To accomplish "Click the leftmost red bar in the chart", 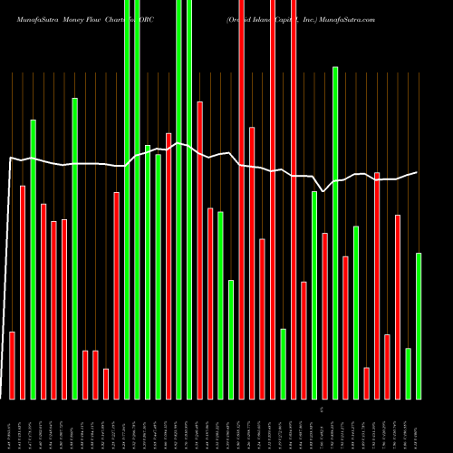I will point(13,365).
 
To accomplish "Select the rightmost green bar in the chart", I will point(419,325).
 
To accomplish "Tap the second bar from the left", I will point(23,292).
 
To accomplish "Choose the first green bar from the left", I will point(34,258).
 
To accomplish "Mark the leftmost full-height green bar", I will point(127,199).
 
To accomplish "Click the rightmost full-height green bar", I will point(189,199).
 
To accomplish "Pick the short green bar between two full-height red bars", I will point(284,363).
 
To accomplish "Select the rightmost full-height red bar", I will point(294,199).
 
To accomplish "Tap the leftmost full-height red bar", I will point(242,199).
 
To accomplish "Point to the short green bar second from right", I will point(409,373).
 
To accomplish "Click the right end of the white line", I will point(418,172).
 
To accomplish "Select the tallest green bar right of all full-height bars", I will point(335,232).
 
